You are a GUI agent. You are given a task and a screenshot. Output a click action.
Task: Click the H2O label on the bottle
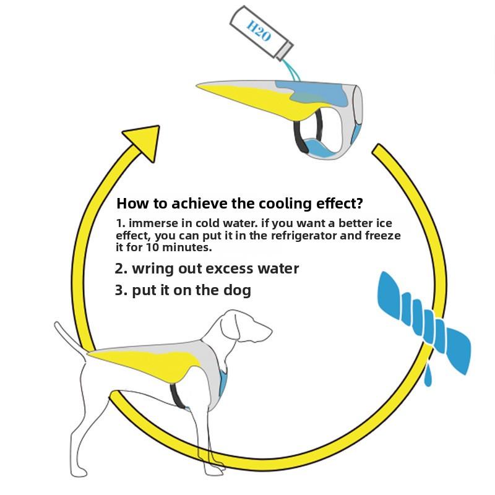(x=258, y=30)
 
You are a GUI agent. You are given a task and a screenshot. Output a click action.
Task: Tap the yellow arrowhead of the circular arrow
(x=145, y=141)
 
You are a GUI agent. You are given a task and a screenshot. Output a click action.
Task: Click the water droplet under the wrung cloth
(x=428, y=375)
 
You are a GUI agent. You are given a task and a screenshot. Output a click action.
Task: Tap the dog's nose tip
(x=271, y=331)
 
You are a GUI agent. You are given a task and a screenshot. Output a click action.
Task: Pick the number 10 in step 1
(x=152, y=247)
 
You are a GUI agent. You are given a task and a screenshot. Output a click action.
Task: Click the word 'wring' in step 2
(x=153, y=269)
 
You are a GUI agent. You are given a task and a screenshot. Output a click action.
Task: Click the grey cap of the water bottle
(x=285, y=51)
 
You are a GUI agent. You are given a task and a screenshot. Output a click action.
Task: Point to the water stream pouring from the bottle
(x=292, y=70)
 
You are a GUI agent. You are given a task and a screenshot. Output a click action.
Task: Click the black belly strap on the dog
(x=176, y=395)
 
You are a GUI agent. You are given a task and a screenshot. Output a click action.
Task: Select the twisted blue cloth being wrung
(x=424, y=322)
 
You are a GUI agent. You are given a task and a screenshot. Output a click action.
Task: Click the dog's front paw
(x=215, y=470)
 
